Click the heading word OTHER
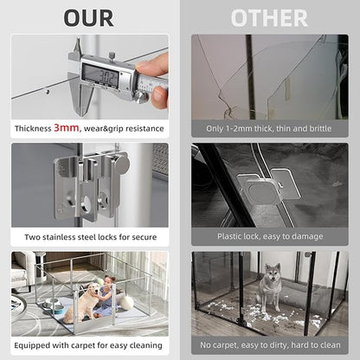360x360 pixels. (x=269, y=17)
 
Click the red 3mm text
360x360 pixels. (x=68, y=127)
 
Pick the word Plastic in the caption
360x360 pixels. (x=230, y=235)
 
